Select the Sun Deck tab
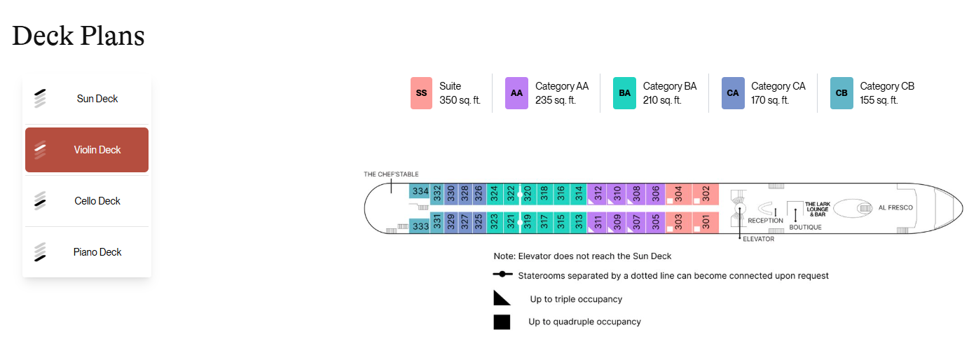(86, 99)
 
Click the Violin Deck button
(86, 150)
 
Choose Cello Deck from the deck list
(86, 201)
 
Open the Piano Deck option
(86, 252)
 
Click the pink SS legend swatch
(421, 93)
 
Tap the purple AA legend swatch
(516, 93)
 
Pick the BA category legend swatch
(624, 93)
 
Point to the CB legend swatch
(841, 93)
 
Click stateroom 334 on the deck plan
(420, 191)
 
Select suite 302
(706, 194)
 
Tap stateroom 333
(420, 226)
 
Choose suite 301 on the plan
(706, 223)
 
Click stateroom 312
(597, 194)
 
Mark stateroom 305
(655, 223)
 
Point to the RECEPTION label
(765, 221)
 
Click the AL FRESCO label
(895, 207)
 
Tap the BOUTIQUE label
(805, 228)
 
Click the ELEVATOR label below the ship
(758, 239)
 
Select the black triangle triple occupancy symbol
(502, 298)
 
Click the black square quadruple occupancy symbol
(502, 322)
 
